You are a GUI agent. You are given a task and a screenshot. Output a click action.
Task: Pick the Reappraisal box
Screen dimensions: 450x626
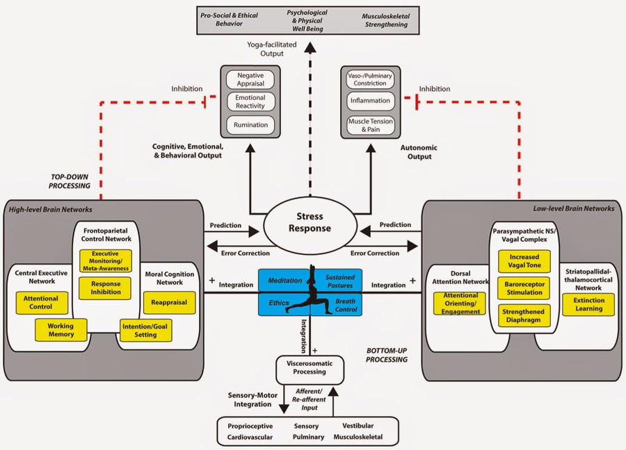[x=168, y=301]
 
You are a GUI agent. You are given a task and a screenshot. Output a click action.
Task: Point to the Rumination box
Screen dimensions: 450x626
[x=250, y=126]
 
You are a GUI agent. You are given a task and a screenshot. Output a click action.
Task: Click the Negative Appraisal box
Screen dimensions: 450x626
[x=250, y=79]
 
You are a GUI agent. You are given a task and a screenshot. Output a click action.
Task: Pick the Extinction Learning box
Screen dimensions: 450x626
[x=589, y=304]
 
